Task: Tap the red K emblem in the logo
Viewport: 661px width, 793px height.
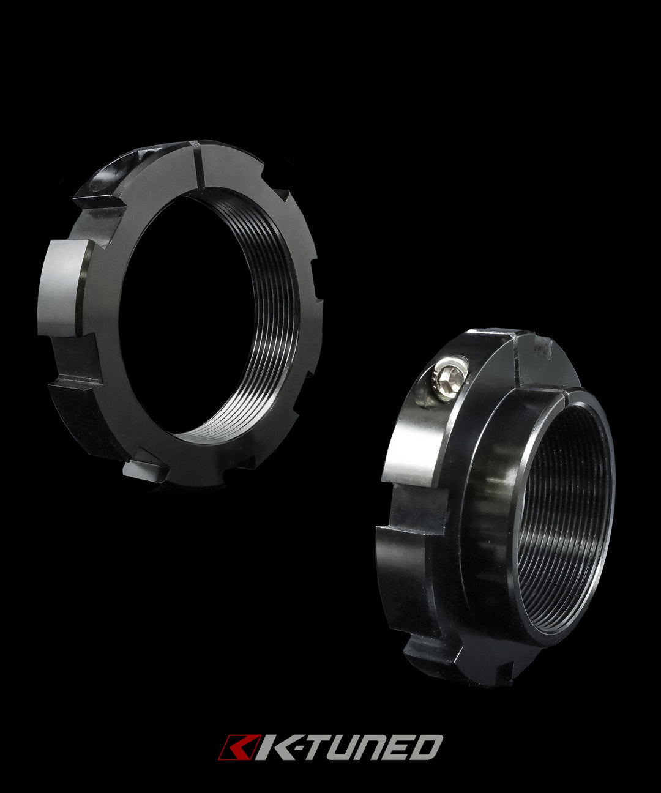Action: coord(234,747)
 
